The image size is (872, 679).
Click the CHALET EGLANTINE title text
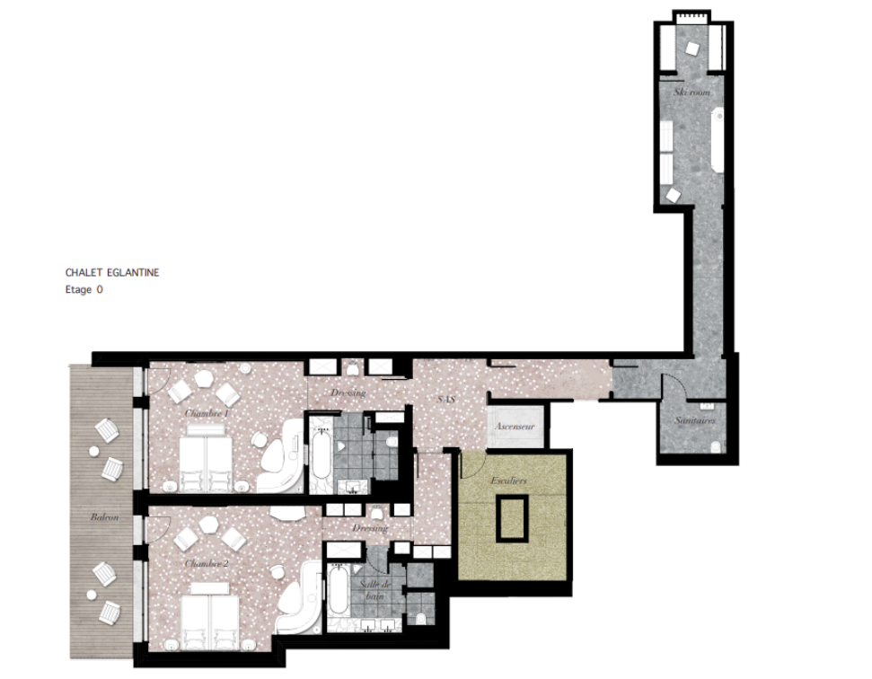(112, 272)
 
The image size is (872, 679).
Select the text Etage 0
(84, 290)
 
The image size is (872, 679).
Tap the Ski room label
(692, 93)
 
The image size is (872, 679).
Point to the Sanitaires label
(695, 420)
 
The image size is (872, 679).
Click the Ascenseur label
(515, 427)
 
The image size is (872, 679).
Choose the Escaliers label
(509, 481)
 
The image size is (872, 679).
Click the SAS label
(444, 398)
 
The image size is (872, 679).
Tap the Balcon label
(105, 517)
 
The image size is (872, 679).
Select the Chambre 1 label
(207, 413)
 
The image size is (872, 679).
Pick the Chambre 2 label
(207, 563)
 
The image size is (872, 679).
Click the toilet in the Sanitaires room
(716, 446)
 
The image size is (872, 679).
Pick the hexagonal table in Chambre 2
(209, 525)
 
